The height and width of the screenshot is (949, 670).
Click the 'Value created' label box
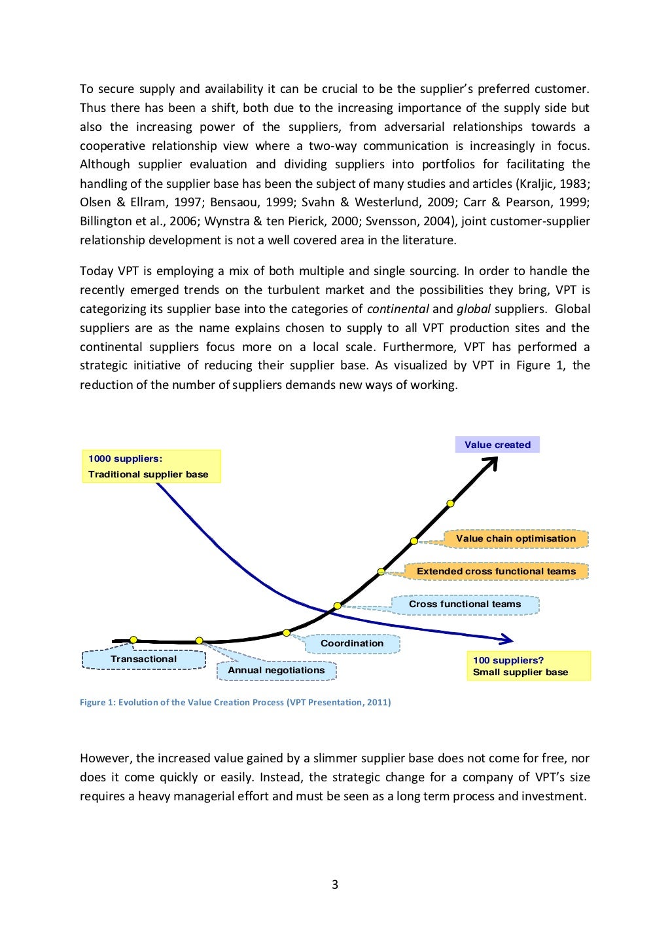(x=497, y=445)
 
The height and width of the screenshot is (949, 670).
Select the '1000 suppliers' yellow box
(x=151, y=466)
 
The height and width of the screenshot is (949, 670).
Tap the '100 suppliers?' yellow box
(x=528, y=666)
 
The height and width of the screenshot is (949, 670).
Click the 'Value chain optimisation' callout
(x=516, y=538)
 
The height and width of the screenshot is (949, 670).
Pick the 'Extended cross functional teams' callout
(x=496, y=571)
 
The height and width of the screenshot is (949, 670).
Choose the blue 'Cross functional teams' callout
(x=465, y=605)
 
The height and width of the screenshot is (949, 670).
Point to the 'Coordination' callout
(x=352, y=644)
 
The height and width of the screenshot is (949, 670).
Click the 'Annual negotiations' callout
(x=276, y=671)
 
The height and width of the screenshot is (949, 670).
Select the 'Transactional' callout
(x=143, y=660)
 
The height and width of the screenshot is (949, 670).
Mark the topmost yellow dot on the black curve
(x=450, y=504)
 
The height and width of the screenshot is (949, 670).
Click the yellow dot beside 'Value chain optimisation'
(x=414, y=541)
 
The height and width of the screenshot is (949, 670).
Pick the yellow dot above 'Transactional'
(x=133, y=639)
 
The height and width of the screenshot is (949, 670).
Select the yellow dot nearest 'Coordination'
(x=286, y=633)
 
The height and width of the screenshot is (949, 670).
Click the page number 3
(x=335, y=885)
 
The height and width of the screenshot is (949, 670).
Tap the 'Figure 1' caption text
(x=235, y=702)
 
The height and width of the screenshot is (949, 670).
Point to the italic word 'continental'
(x=398, y=309)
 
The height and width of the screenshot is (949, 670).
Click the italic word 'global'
(x=473, y=309)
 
